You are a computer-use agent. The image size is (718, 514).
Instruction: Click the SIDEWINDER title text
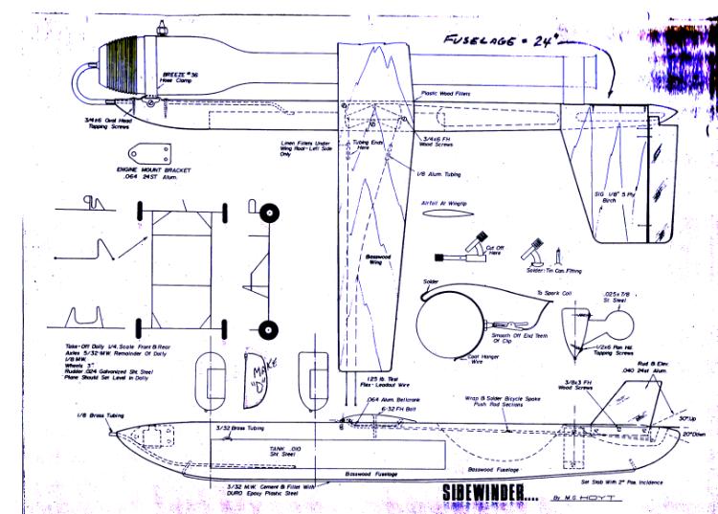485,494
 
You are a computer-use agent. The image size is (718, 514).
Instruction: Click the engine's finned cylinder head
122,62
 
